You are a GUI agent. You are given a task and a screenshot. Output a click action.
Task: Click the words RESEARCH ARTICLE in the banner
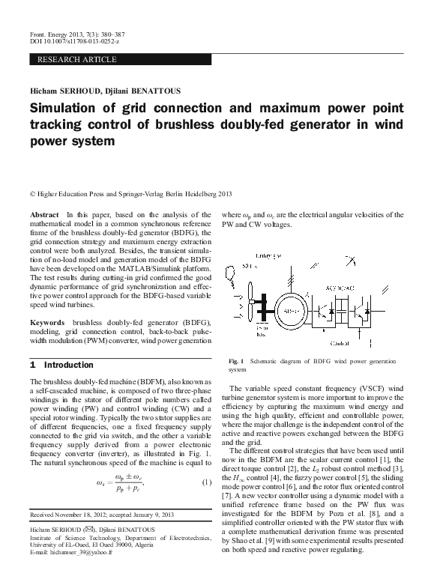[76, 58]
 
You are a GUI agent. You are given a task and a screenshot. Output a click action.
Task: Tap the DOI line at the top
[68, 41]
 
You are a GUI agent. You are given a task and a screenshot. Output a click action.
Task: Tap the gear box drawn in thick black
[262, 311]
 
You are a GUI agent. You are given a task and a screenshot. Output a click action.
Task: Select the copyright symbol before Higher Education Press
[31, 195]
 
